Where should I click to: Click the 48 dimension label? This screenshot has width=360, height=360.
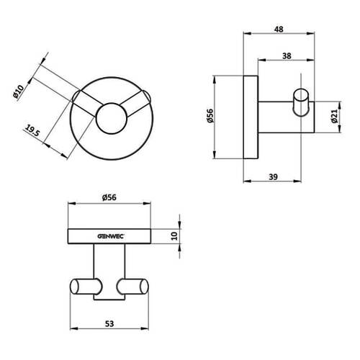tap(279, 30)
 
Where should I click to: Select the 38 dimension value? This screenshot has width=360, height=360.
tap(287, 56)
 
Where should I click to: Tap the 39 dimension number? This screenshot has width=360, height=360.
tap(273, 177)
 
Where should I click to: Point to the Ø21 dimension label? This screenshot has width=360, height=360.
tap(334, 116)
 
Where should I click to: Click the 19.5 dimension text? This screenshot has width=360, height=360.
tap(32, 131)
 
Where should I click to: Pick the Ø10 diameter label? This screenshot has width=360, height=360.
tap(19, 91)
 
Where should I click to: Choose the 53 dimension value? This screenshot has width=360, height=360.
tap(109, 324)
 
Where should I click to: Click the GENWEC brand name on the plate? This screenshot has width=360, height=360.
tap(110, 236)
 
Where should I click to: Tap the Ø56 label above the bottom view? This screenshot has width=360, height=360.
tap(109, 197)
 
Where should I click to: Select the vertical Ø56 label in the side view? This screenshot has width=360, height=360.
tap(210, 116)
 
